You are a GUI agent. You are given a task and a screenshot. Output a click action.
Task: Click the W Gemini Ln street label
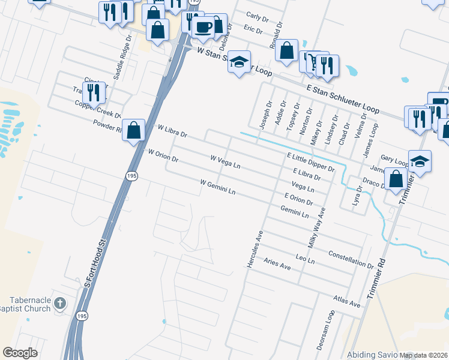pos(217,187)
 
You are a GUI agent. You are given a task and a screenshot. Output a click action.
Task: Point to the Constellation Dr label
pos(351,259)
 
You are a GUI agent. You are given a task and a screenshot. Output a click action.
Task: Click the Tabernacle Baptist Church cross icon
pos(60,303)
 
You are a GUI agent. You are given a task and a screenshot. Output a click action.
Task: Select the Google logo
pos(20,352)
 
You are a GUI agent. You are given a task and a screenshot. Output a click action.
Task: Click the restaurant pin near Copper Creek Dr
pos(93,92)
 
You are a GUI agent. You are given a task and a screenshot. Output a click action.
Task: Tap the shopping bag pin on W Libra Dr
pos(134,129)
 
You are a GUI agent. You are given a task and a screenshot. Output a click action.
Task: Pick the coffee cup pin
pos(203,26)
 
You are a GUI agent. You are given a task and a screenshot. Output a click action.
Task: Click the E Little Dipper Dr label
pos(310,161)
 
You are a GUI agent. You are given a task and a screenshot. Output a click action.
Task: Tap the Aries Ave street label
pos(277,265)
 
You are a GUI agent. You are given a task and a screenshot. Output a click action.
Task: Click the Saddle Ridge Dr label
pos(127,52)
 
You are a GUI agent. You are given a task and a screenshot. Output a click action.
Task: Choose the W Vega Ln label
pos(225,161)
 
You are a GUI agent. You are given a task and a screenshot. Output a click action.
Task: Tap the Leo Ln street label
pos(306,259)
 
